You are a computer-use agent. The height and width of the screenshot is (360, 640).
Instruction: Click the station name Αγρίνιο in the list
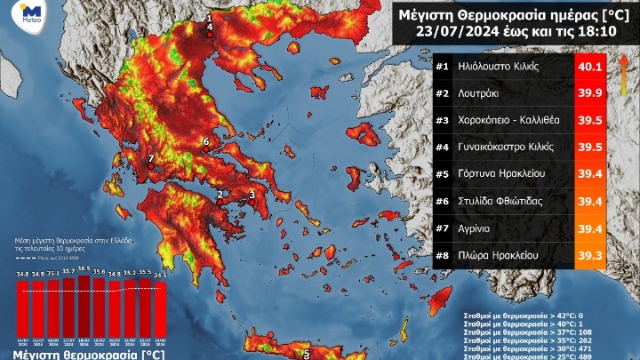[x=480, y=228]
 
